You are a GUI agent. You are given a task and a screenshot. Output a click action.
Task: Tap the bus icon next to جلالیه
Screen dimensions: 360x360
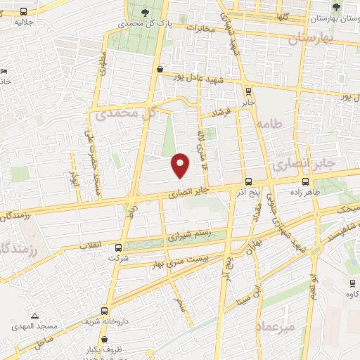[x=24, y=11]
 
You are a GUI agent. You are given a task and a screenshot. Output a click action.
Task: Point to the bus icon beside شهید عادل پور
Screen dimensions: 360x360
[x=160, y=69]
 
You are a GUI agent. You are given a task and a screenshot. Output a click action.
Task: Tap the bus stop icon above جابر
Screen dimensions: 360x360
[x=248, y=90]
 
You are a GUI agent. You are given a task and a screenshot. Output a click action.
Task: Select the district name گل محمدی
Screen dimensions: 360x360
[x=127, y=113]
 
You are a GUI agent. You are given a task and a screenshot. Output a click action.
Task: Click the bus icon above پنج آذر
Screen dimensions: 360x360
[x=248, y=180]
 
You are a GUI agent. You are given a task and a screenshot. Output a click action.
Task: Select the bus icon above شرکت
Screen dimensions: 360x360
[x=118, y=247]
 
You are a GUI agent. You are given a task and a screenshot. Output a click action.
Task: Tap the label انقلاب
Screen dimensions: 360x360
[x=92, y=245]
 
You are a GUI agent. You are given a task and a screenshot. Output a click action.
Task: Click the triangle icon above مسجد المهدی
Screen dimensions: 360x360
[x=35, y=315]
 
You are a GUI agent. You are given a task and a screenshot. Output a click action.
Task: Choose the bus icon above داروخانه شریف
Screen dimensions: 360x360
[x=105, y=311]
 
